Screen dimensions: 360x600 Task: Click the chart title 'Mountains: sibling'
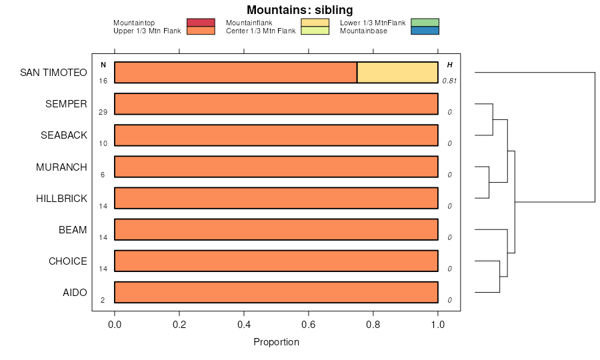click(x=299, y=10)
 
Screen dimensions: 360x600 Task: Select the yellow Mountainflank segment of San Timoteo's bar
click(x=397, y=72)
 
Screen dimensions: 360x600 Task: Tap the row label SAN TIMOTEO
click(x=53, y=73)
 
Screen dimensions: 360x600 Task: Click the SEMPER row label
click(x=66, y=104)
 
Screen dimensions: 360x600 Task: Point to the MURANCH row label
click(x=61, y=167)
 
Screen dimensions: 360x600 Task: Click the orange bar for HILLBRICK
click(x=276, y=198)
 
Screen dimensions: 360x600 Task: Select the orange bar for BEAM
click(x=276, y=229)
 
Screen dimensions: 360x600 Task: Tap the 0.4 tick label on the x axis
click(x=244, y=325)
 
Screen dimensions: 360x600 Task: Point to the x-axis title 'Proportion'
click(x=276, y=342)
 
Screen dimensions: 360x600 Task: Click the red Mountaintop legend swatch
click(x=201, y=23)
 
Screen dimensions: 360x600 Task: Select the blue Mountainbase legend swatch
click(x=425, y=31)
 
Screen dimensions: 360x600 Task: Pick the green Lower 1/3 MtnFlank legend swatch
click(x=425, y=23)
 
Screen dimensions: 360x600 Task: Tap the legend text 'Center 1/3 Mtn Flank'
click(x=261, y=31)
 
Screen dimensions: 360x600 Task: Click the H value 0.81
click(x=449, y=81)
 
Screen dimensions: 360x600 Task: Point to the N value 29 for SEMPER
click(x=103, y=112)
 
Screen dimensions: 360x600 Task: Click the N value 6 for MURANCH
click(x=103, y=175)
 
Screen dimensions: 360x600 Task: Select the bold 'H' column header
click(x=449, y=65)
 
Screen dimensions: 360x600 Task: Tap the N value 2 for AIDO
click(x=103, y=300)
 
